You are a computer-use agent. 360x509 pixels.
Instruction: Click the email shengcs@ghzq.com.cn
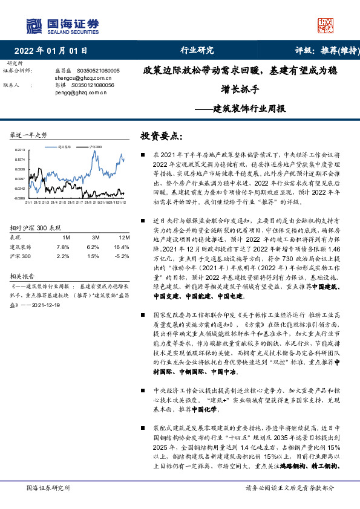coord(76,78)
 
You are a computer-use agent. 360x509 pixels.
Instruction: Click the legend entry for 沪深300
coord(95,146)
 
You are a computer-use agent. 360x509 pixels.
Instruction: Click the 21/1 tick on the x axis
coord(28,203)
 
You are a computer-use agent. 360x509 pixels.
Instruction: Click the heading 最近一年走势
coord(28,134)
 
